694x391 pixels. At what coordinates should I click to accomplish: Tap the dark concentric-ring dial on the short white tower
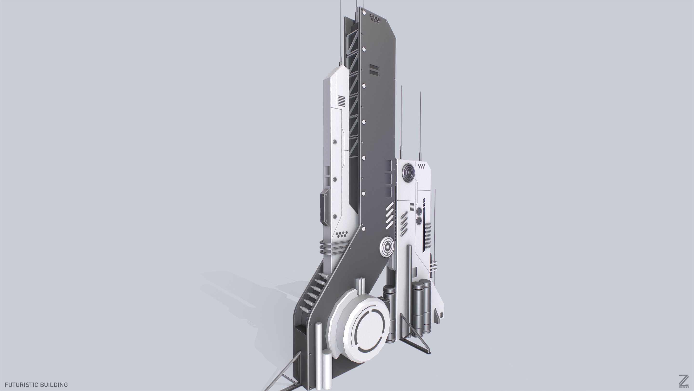click(408, 172)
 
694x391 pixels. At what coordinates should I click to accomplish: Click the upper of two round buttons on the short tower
click(420, 210)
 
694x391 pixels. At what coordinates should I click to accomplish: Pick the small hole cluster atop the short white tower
click(422, 167)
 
